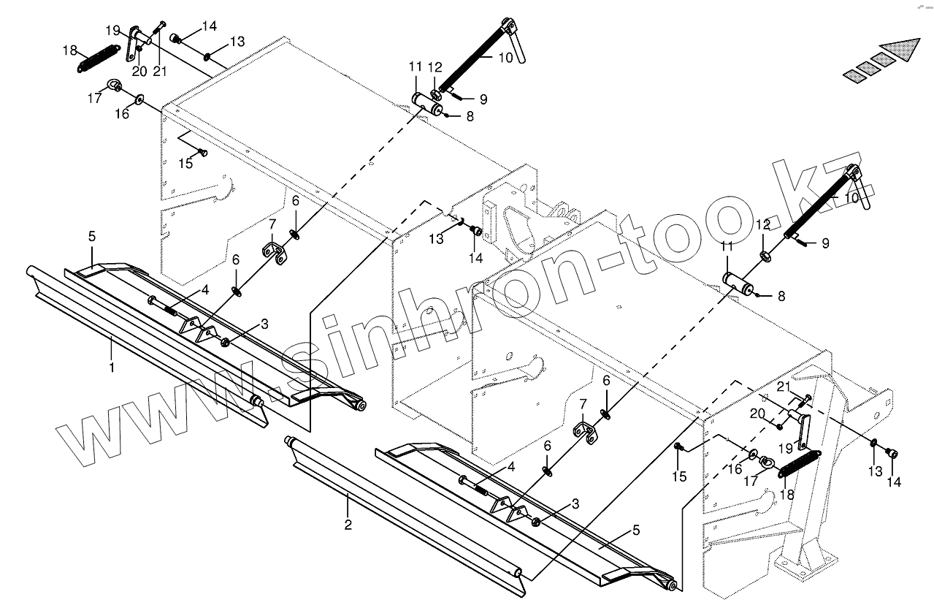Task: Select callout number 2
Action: coord(348,525)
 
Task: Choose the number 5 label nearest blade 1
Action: coord(92,237)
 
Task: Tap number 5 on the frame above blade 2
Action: coord(635,531)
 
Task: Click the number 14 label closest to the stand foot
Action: coord(893,482)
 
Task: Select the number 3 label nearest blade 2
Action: coord(575,503)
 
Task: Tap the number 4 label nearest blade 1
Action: coord(205,290)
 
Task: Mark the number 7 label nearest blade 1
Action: coord(272,224)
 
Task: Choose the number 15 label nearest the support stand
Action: coord(679,477)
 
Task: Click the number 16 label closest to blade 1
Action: coord(122,114)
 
